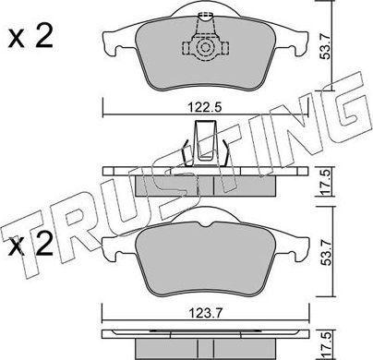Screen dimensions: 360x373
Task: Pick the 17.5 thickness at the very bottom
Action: [x=350, y=346]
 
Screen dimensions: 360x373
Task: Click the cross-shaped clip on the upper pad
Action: [x=208, y=44]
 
